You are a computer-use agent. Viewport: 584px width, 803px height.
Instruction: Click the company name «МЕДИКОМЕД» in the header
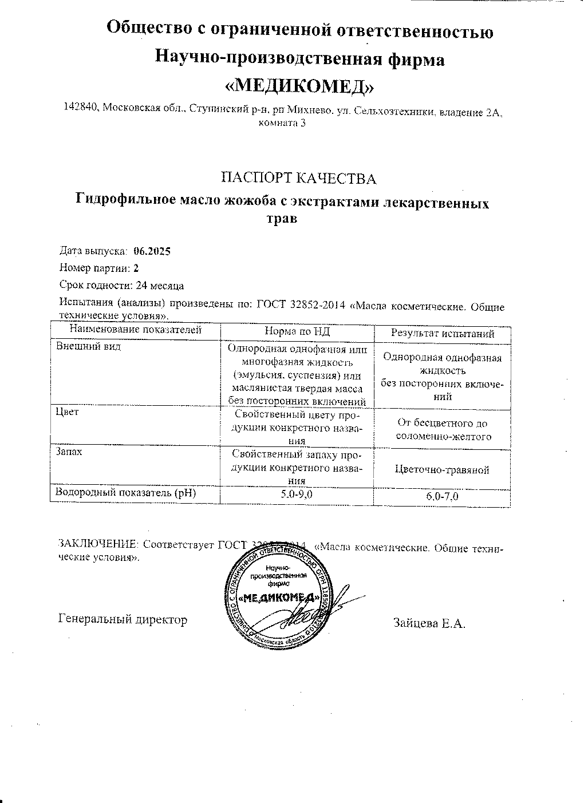coord(300,85)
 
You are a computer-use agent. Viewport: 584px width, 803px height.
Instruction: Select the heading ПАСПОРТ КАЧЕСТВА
coord(299,179)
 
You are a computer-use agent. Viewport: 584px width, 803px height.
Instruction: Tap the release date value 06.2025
coord(152,251)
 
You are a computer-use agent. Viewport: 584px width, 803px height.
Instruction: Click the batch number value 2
coord(136,267)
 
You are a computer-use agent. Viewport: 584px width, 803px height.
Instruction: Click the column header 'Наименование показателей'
coord(136,330)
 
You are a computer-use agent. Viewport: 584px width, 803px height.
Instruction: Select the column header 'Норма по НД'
coord(297,332)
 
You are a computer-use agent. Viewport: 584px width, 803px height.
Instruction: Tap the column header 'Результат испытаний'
coord(443,333)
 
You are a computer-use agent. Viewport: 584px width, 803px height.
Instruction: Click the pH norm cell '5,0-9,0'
coord(297,495)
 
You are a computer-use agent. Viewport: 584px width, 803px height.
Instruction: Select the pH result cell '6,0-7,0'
coord(443,497)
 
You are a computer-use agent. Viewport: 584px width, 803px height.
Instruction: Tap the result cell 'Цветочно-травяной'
coord(443,470)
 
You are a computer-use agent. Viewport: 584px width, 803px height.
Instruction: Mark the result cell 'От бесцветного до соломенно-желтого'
coord(443,430)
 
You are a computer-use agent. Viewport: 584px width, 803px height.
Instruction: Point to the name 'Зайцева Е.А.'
coord(429,623)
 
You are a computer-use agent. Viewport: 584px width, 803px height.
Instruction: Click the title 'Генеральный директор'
coord(123,619)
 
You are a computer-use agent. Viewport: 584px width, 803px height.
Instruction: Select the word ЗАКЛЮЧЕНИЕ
coord(98,544)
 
